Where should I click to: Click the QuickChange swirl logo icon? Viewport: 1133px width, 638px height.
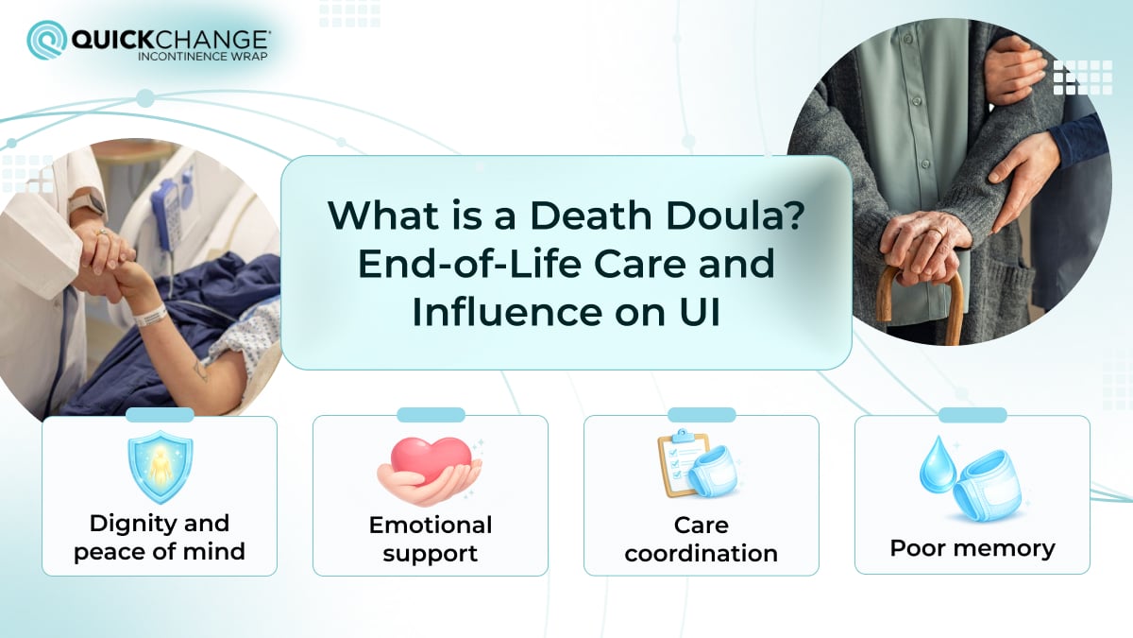click(x=46, y=40)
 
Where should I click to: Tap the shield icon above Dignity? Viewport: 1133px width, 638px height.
click(x=160, y=467)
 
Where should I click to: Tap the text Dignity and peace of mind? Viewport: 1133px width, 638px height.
click(x=160, y=537)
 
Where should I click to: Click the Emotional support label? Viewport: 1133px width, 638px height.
click(x=431, y=538)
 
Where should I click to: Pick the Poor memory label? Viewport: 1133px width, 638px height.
click(x=972, y=548)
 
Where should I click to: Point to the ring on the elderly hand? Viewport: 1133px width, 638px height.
click(x=934, y=258)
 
